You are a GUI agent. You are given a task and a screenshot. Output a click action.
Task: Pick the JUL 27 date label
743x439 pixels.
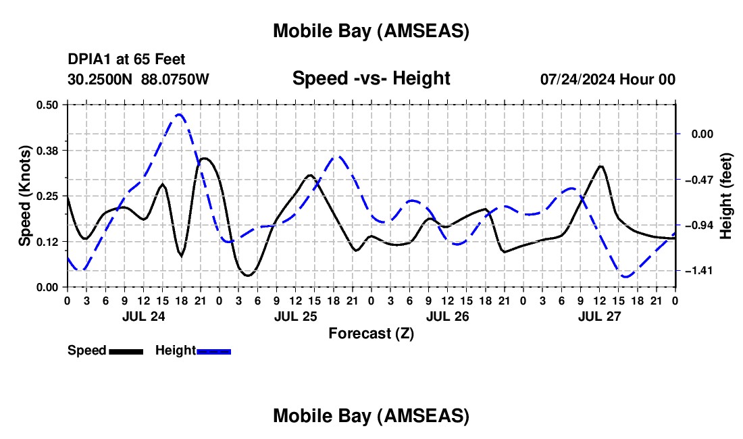point(599,315)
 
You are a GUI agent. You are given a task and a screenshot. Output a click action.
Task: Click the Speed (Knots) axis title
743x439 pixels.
point(25,196)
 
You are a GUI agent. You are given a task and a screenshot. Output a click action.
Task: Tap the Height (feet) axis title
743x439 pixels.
point(726,196)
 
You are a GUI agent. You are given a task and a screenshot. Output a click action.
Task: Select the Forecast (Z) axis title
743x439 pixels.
point(371,333)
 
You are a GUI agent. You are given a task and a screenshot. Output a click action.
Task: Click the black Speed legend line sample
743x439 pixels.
point(126,351)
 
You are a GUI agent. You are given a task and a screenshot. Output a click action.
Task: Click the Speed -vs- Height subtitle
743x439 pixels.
point(371,78)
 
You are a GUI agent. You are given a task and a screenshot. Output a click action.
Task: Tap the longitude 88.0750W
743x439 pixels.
point(175,80)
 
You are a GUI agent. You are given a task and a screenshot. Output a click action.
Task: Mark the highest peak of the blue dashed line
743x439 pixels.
point(179,115)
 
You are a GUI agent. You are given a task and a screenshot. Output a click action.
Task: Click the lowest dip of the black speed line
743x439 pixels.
point(248,276)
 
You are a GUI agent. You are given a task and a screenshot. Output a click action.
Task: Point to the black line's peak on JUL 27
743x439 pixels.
point(600,165)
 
